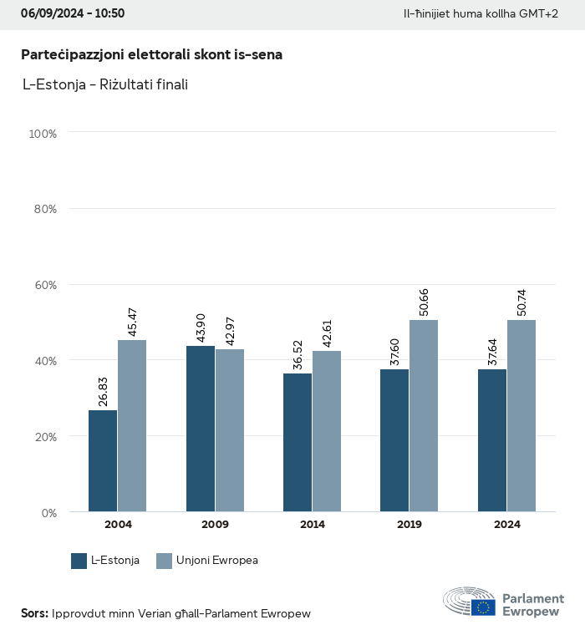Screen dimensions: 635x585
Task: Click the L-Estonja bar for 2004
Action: coord(104,461)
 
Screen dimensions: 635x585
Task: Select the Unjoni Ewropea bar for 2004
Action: coord(132,426)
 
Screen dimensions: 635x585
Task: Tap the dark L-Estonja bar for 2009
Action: coord(201,429)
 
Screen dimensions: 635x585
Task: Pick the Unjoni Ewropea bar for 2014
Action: coord(327,431)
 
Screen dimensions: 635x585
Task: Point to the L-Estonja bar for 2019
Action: coord(394,440)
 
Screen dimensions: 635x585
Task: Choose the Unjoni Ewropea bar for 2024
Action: coord(521,416)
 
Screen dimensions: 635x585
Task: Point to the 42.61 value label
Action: coord(327,332)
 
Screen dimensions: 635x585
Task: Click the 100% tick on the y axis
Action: coord(43,133)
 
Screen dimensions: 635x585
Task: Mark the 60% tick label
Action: coord(45,285)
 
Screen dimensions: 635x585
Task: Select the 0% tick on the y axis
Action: coord(49,512)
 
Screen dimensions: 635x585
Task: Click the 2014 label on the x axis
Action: coord(313,525)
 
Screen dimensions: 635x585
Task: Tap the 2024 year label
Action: coord(506,525)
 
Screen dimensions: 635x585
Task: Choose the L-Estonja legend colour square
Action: coord(79,561)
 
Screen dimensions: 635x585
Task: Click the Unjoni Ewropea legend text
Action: coord(217,561)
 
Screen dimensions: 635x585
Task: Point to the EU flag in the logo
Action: coord(483,607)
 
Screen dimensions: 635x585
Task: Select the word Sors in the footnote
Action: coord(33,613)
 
